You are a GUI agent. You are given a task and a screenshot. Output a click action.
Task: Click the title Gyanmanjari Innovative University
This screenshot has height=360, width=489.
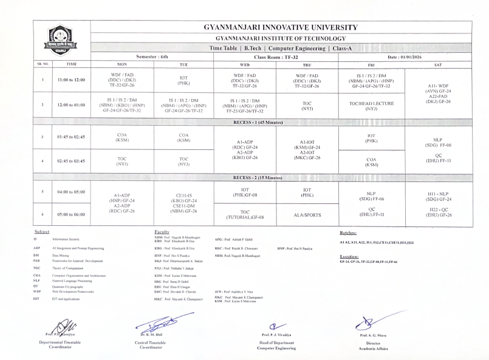pos(281,27)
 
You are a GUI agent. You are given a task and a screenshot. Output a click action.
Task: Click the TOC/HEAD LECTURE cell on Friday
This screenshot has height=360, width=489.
pos(371,104)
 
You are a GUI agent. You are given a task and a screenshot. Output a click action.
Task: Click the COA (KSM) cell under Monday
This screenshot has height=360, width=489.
pos(117,137)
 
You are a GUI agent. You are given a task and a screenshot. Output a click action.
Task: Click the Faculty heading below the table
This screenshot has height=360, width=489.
pos(162,233)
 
